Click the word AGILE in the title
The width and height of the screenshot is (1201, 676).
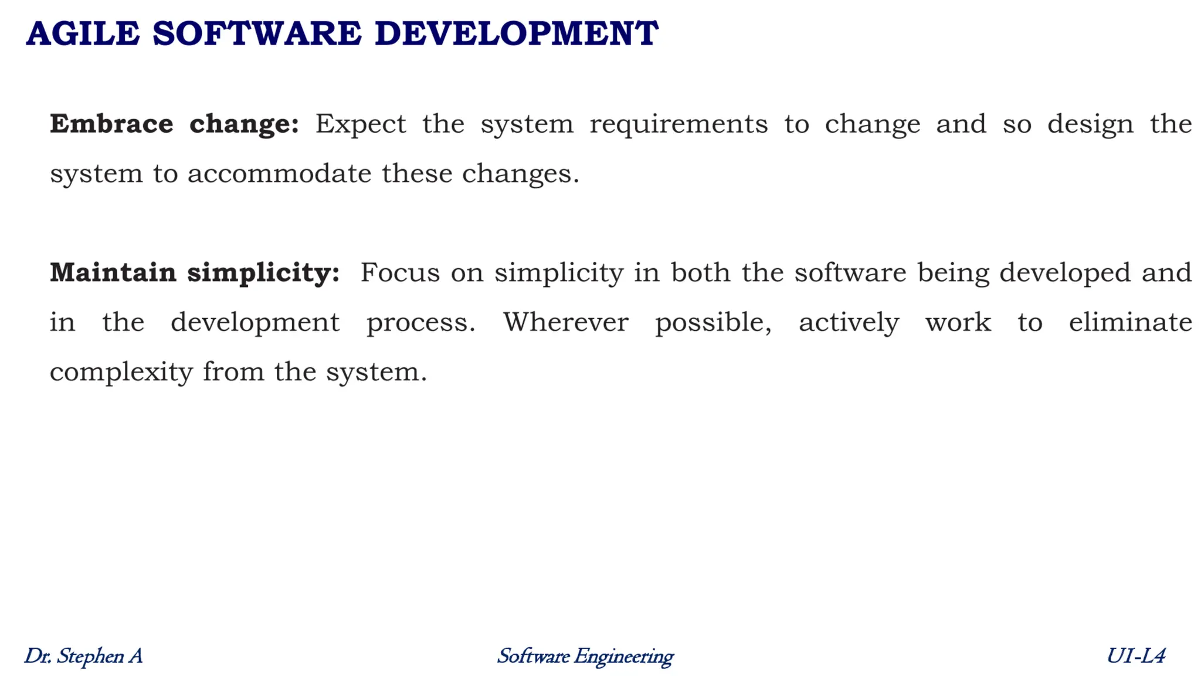point(83,33)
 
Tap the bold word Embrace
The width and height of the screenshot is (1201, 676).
point(111,124)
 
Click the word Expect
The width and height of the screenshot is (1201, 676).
point(361,124)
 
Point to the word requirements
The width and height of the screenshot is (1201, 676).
point(678,124)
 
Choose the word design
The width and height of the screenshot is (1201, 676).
point(1090,124)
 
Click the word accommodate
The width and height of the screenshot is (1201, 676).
point(279,174)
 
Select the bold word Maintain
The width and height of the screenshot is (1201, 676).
point(113,273)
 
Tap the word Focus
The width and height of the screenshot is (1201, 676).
point(400,273)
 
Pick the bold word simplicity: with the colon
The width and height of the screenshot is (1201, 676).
point(263,273)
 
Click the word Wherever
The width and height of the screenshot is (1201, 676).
point(565,322)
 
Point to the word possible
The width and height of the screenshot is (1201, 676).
point(713,322)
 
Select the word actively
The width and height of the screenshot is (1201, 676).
point(849,322)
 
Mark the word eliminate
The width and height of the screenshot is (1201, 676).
point(1130,322)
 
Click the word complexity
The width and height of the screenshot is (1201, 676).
point(121,372)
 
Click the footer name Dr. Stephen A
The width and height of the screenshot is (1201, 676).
point(83,656)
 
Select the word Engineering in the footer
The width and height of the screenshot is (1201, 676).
point(623,656)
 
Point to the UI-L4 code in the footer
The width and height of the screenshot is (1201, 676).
point(1136,656)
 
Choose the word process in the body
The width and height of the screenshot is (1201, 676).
point(420,322)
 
